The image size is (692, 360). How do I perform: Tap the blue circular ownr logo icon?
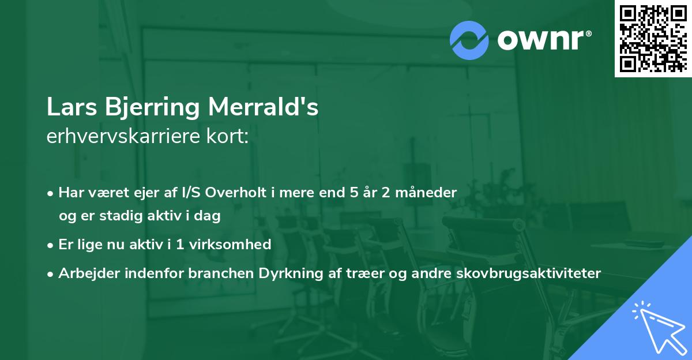(469, 40)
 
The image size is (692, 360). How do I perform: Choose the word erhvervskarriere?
(125, 137)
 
